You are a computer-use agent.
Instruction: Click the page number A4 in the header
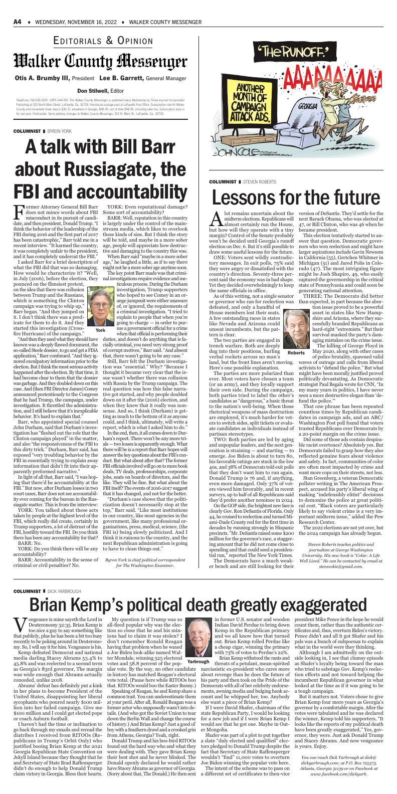pos(17,23)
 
